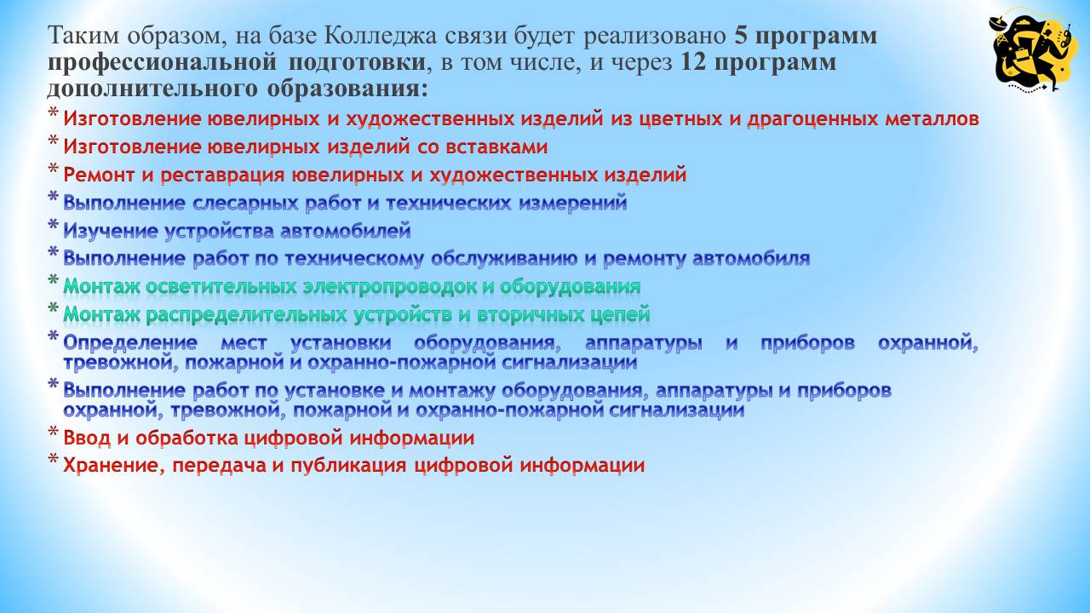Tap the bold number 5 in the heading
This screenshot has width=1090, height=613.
coord(740,36)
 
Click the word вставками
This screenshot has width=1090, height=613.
coord(495,147)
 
